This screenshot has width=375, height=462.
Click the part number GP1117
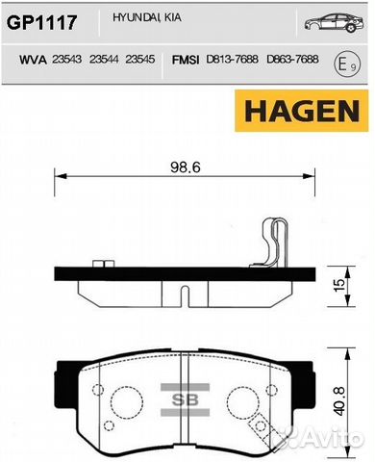41,23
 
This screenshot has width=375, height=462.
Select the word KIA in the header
173,17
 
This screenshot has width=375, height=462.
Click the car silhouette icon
334,22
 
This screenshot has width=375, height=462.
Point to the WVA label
33,60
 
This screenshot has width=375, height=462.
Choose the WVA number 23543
66,60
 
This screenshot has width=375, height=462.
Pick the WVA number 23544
104,60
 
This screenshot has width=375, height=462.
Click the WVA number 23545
140,60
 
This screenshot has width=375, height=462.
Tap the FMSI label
186,60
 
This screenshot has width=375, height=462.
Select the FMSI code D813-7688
232,60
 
